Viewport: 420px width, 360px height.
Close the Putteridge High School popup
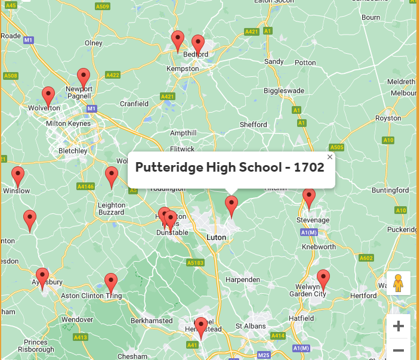point(330,157)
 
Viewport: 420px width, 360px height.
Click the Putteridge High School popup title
point(230,167)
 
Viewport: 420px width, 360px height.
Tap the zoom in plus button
point(399,326)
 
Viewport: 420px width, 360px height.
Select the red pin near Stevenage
point(308,198)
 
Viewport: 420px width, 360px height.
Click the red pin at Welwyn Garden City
point(323,279)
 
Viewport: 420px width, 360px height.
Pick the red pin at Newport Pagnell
point(84,78)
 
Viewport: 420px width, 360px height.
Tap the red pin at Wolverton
point(48,97)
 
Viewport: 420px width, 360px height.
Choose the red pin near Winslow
point(18,176)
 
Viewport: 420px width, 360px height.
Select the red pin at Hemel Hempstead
point(201,327)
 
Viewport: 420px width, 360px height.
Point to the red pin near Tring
point(111,283)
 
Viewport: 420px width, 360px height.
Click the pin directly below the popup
point(231,206)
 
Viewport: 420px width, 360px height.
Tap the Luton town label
point(216,237)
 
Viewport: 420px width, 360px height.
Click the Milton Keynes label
point(69,123)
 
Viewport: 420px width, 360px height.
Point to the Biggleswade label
point(284,91)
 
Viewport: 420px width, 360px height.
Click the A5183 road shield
point(194,263)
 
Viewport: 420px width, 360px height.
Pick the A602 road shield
point(366,258)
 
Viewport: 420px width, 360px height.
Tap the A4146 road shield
point(85,187)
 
